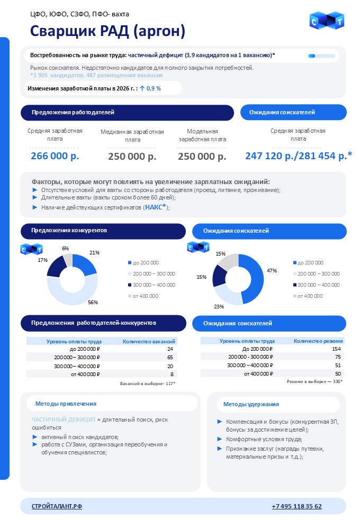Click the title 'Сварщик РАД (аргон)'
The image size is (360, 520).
tap(108, 31)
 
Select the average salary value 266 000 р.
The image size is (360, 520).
tap(55, 156)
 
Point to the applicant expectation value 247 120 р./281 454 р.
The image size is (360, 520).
tap(299, 156)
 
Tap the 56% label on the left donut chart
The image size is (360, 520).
tap(93, 302)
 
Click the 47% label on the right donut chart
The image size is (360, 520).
tap(272, 271)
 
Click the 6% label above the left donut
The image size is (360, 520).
tap(65, 248)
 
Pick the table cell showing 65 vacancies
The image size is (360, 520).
tap(170, 358)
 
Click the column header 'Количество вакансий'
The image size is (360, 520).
tap(149, 341)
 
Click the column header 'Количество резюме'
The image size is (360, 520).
tap(318, 341)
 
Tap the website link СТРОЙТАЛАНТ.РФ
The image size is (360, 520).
tap(57, 506)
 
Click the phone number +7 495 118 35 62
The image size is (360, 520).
tap(296, 506)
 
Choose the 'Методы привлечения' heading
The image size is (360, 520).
tap(66, 404)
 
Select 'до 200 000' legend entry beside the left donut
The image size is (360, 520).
tap(146, 262)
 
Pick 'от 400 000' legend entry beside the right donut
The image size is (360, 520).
tap(310, 296)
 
